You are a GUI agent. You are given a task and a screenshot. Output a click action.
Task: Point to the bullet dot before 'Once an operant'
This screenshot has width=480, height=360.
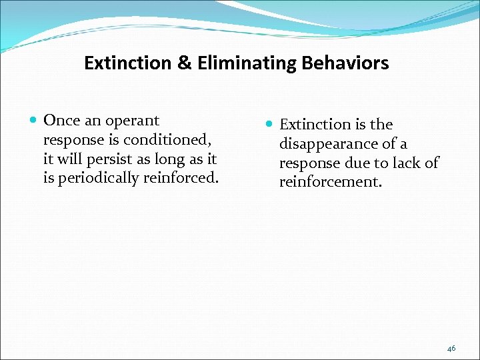coord(34,121)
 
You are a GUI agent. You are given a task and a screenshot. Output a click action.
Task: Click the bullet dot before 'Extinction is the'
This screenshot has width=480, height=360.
coord(270,125)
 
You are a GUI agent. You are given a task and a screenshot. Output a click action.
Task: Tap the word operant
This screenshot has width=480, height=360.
coord(131,121)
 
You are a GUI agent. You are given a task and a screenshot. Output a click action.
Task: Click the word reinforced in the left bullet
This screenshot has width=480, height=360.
coord(185,178)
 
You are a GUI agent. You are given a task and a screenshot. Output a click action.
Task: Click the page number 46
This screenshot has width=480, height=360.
coord(451,348)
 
